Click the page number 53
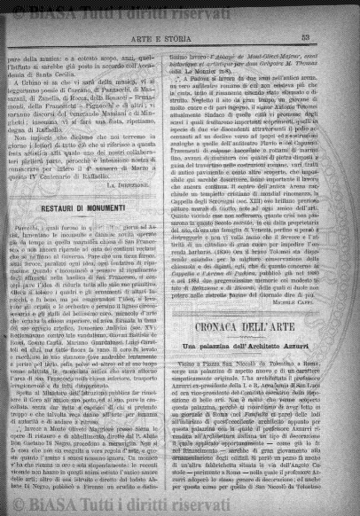tap(328, 36)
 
